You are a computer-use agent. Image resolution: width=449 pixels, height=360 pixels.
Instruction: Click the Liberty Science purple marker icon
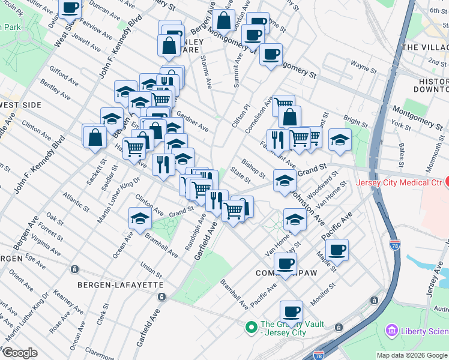click(x=392, y=330)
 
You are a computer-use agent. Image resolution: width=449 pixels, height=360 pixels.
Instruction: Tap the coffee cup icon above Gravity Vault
click(x=292, y=311)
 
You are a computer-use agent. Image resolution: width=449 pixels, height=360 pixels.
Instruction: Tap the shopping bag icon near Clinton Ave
click(x=95, y=136)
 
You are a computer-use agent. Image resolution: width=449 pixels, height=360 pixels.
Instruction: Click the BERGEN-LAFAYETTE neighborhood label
click(x=121, y=284)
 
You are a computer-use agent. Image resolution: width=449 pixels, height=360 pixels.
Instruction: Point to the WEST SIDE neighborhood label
click(x=20, y=105)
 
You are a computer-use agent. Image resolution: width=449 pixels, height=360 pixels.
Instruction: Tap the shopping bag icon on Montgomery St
click(x=223, y=20)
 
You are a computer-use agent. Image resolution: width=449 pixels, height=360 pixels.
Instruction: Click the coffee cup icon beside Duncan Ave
click(x=70, y=7)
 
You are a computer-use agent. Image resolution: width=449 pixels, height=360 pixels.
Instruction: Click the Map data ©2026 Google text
click(x=412, y=355)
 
